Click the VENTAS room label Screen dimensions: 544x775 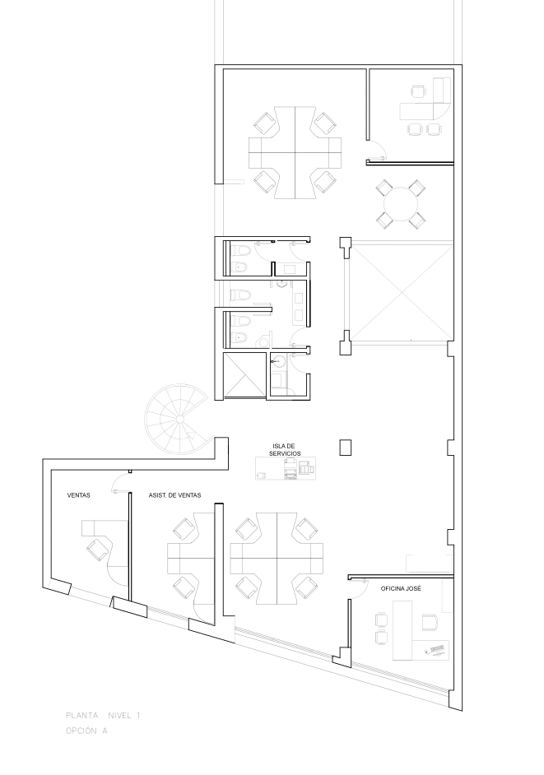[x=79, y=494]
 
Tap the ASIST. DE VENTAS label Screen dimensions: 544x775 [x=174, y=494]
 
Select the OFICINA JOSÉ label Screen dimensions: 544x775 [x=401, y=589]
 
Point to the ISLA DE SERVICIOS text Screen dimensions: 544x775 [x=285, y=449]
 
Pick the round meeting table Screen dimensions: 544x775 [x=401, y=205]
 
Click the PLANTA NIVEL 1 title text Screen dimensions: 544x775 [x=103, y=715]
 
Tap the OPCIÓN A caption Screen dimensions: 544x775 [x=86, y=731]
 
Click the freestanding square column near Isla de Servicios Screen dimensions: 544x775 [x=345, y=448]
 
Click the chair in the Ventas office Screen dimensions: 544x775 [x=99, y=549]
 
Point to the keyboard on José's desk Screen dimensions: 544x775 [x=437, y=649]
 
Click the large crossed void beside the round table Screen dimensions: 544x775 [x=402, y=290]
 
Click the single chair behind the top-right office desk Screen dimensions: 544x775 [x=418, y=92]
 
